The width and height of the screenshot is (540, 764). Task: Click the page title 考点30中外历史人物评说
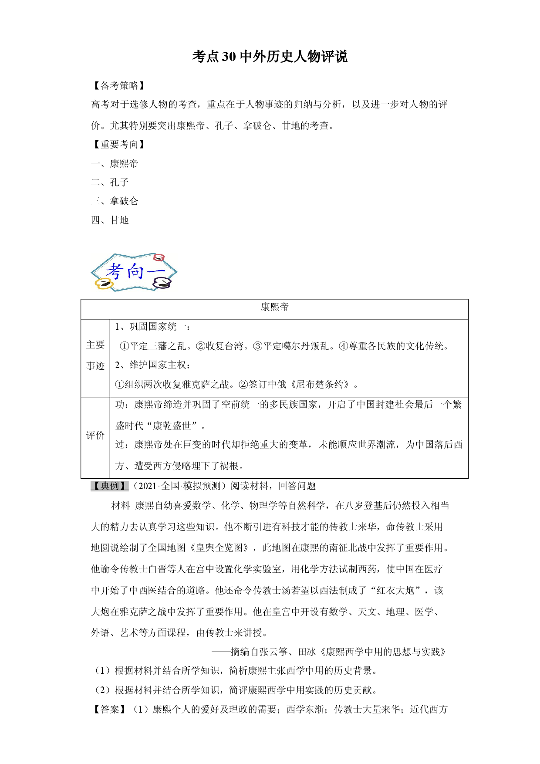pyautogui.click(x=270, y=57)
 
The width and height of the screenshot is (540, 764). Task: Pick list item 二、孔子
pyautogui.click(x=110, y=183)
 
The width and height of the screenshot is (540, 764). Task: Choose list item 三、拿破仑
pyautogui.click(x=115, y=201)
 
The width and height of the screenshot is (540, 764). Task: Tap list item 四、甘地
pyautogui.click(x=110, y=220)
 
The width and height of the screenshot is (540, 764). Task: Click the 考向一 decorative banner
pyautogui.click(x=134, y=272)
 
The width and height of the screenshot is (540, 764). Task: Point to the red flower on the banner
pyautogui.click(x=159, y=257)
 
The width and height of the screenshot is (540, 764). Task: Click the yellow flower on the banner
pyautogui.click(x=104, y=284)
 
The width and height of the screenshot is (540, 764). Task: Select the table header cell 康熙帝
pyautogui.click(x=275, y=307)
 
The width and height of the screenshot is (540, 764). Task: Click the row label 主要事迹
pyautogui.click(x=95, y=355)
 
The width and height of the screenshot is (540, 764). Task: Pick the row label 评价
pyautogui.click(x=95, y=435)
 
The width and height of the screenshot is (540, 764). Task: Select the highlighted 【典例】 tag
pyautogui.click(x=109, y=486)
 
